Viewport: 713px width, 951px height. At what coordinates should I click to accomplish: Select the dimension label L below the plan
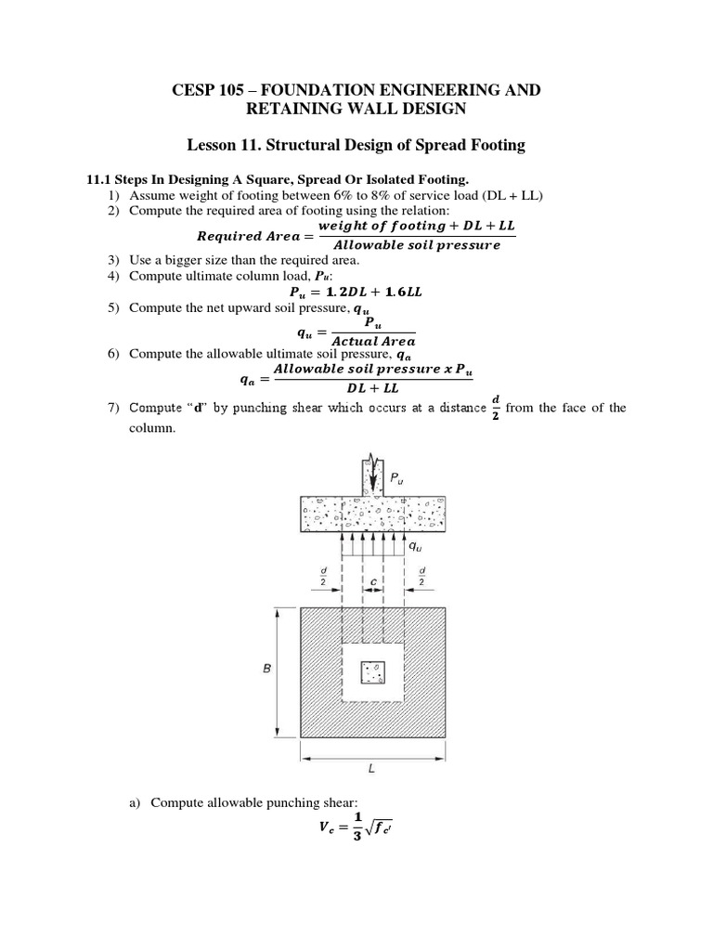pos(372,770)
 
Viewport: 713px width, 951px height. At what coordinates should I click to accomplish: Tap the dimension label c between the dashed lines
pos(372,583)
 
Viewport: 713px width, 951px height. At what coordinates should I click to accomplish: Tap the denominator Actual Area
pos(373,341)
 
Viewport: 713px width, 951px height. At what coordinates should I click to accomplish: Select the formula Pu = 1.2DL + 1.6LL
pos(356,291)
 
